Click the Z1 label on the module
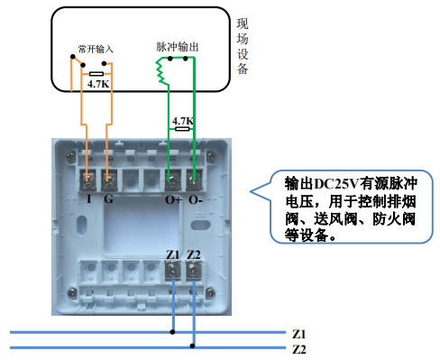click(174, 255)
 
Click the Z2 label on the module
click(194, 255)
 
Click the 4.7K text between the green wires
click(182, 120)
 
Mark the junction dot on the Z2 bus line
click(193, 346)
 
